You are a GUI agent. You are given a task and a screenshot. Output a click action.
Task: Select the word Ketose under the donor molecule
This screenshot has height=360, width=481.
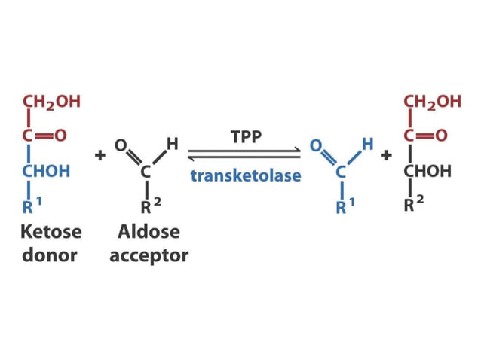pos(51,233)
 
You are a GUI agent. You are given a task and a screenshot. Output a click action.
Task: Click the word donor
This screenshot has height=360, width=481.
pos(51,255)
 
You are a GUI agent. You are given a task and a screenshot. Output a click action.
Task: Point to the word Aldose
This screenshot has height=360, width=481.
pos(149,233)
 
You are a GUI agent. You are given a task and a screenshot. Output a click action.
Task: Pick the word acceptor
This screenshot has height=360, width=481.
pos(149,256)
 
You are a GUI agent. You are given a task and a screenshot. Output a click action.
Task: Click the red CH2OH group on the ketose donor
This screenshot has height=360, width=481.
pos(51,102)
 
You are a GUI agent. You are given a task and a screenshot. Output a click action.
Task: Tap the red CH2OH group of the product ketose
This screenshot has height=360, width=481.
pos(432,102)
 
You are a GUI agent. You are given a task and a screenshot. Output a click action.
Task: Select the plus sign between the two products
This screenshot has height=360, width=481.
pos(387,156)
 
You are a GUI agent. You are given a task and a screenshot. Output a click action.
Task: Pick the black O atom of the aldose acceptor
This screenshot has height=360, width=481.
pos(119,144)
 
